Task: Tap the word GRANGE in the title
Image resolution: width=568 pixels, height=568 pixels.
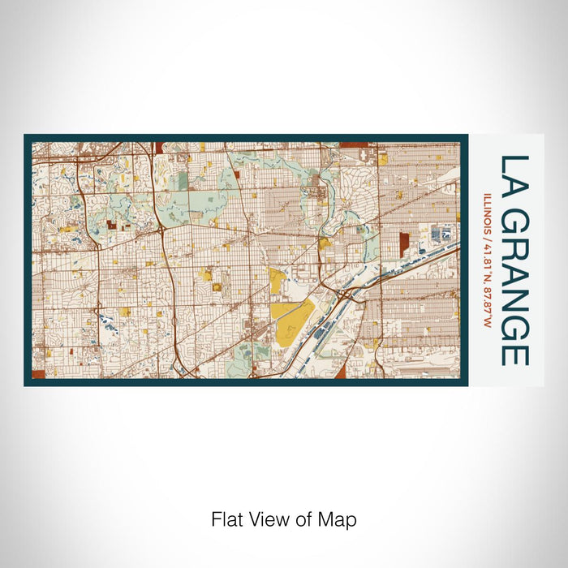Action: tap(514, 289)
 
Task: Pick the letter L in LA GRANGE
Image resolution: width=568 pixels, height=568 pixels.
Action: tap(514, 165)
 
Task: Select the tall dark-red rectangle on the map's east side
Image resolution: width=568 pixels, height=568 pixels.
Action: tap(404, 244)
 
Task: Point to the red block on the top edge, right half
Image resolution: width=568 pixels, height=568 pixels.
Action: tap(354, 144)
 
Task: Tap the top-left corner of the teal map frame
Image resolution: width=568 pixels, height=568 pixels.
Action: tap(25, 136)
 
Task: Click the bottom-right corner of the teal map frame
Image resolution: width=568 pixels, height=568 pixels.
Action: tap(467, 385)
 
